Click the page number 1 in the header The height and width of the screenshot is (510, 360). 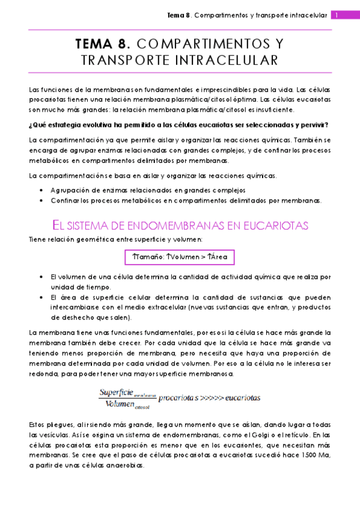click(x=338, y=15)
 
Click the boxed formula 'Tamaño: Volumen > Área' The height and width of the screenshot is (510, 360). click(x=180, y=257)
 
